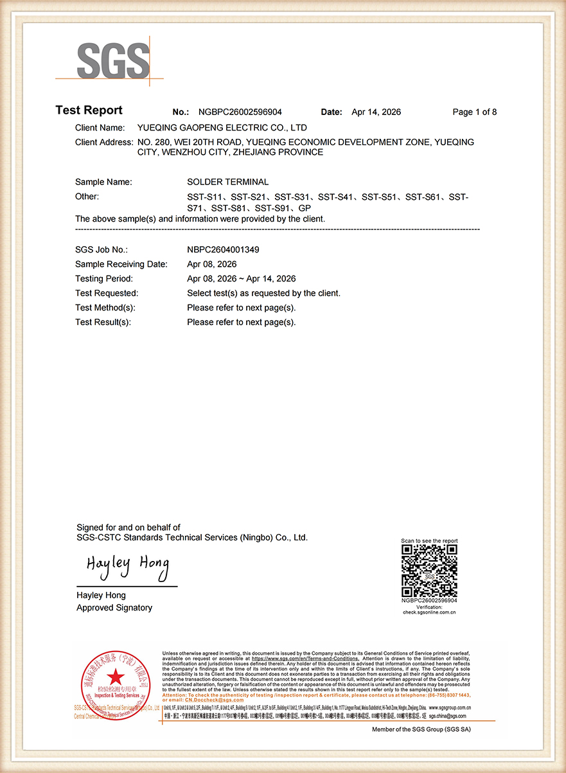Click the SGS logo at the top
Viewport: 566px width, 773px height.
pyautogui.click(x=113, y=62)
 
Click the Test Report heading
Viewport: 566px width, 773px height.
pyautogui.click(x=89, y=111)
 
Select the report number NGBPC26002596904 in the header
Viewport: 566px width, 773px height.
pyautogui.click(x=240, y=112)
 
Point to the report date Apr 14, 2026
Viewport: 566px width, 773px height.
pyautogui.click(x=376, y=112)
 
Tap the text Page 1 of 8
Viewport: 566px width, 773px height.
pyautogui.click(x=474, y=112)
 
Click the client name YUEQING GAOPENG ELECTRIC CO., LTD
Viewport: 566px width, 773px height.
pyautogui.click(x=222, y=128)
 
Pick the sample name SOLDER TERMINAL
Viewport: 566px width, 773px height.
pyautogui.click(x=227, y=182)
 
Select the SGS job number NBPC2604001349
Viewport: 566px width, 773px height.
pyautogui.click(x=223, y=249)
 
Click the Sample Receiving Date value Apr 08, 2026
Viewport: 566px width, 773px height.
pyautogui.click(x=211, y=264)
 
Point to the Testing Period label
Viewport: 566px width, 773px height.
pyautogui.click(x=103, y=279)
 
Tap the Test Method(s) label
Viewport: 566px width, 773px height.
pyautogui.click(x=105, y=308)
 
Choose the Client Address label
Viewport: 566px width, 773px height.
pyautogui.click(x=103, y=142)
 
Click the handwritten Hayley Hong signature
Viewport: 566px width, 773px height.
pyautogui.click(x=128, y=566)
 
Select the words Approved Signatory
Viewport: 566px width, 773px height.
pyautogui.click(x=114, y=608)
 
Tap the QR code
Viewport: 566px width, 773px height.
pyautogui.click(x=429, y=571)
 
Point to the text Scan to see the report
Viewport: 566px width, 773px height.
pyautogui.click(x=429, y=541)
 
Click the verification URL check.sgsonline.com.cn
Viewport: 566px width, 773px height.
pyautogui.click(x=429, y=612)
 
